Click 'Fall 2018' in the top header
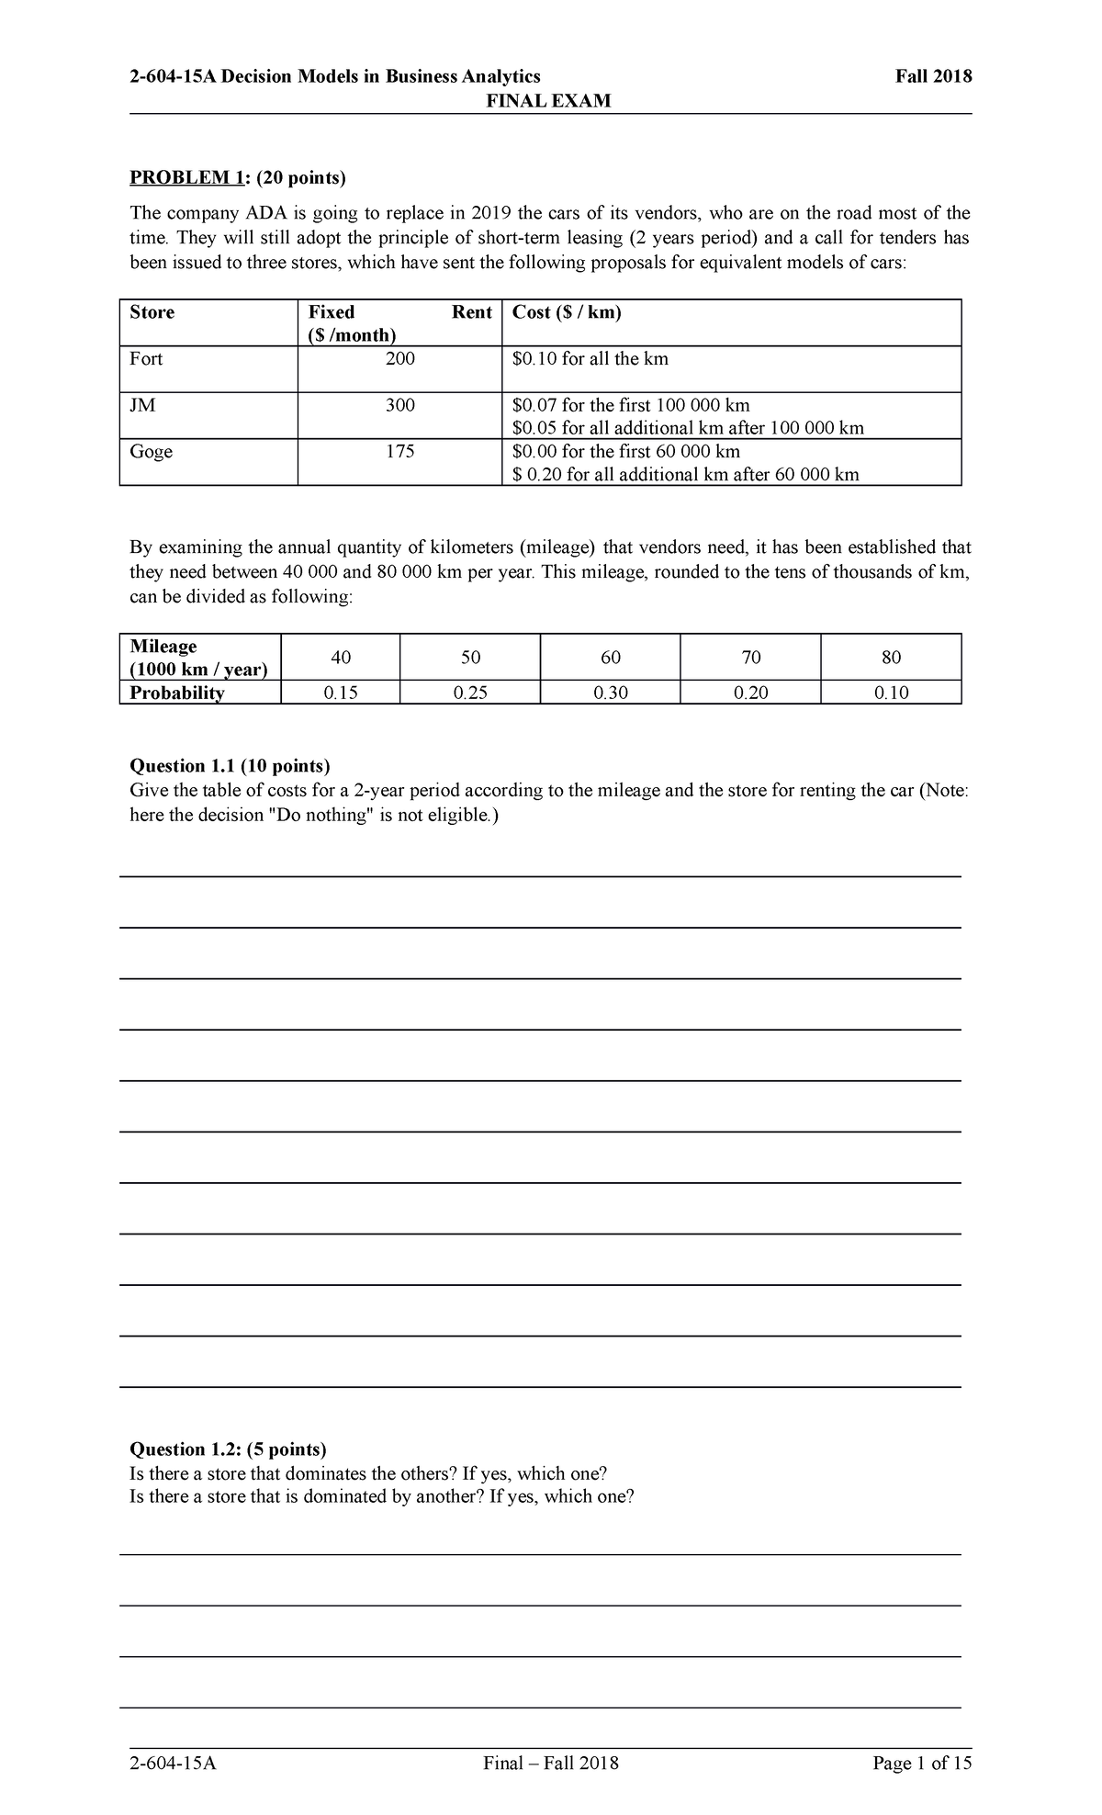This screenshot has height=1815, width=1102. click(x=933, y=76)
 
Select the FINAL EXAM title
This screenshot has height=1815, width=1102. click(x=549, y=100)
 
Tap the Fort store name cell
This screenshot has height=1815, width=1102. click(x=146, y=359)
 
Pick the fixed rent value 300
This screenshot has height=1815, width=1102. click(x=399, y=405)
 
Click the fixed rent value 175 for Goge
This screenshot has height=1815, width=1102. click(x=399, y=452)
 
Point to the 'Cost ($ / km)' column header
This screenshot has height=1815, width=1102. click(x=567, y=312)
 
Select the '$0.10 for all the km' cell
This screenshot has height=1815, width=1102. click(x=590, y=359)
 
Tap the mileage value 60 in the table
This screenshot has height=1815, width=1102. click(x=611, y=658)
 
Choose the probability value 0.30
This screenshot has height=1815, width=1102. click(x=611, y=693)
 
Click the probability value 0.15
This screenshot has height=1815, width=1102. click(x=341, y=693)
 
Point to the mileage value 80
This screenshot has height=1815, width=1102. click(x=891, y=658)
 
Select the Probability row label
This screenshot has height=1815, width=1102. click(x=176, y=693)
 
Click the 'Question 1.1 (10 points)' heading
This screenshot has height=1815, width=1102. click(x=230, y=766)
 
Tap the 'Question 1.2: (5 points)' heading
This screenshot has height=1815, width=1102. click(x=228, y=1449)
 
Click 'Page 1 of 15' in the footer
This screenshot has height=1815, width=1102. click(x=923, y=1764)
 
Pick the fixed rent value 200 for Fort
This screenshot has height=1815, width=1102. click(x=399, y=359)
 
